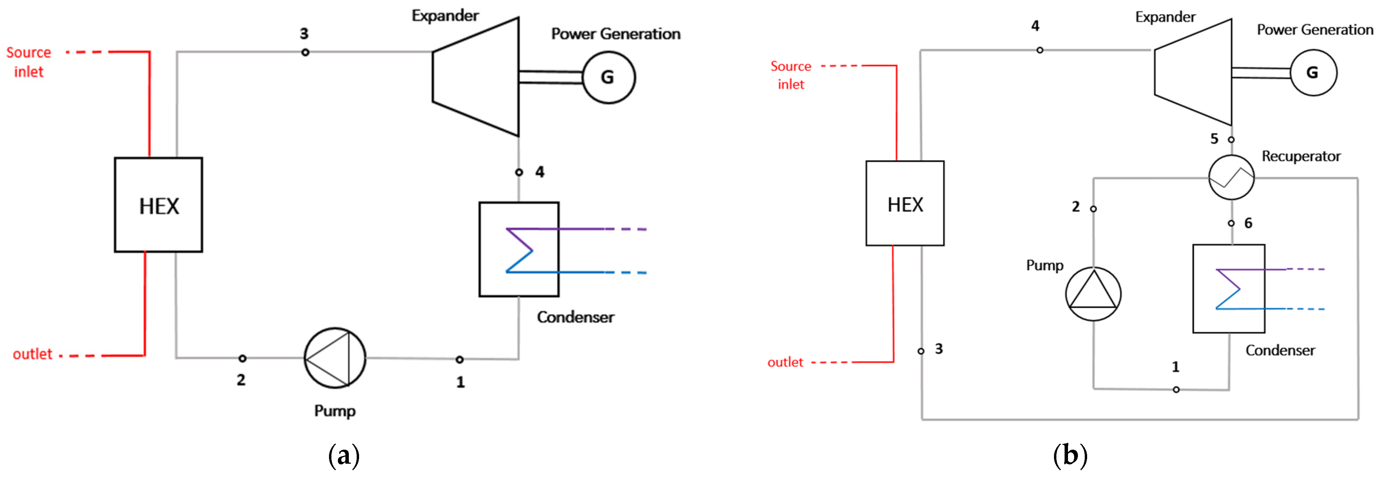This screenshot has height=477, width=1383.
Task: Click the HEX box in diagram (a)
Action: [x=159, y=205]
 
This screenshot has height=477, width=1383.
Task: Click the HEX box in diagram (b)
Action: [x=905, y=204]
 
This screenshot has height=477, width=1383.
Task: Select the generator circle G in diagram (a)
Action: [x=608, y=77]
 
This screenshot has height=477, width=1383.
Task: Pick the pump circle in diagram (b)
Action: [x=1093, y=294]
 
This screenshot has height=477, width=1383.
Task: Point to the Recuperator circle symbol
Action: [x=1231, y=177]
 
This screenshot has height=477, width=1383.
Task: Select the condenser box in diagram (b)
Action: [x=1228, y=289]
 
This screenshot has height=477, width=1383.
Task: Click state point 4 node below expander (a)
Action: [x=519, y=172]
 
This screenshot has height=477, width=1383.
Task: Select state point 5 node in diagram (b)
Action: [x=1231, y=140]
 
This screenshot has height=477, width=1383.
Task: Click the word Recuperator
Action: [x=1301, y=156]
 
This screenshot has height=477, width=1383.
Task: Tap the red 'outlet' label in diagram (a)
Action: [x=32, y=354]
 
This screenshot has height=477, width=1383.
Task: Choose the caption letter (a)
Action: [x=344, y=455]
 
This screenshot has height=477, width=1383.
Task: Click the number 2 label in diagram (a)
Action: [x=241, y=380]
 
